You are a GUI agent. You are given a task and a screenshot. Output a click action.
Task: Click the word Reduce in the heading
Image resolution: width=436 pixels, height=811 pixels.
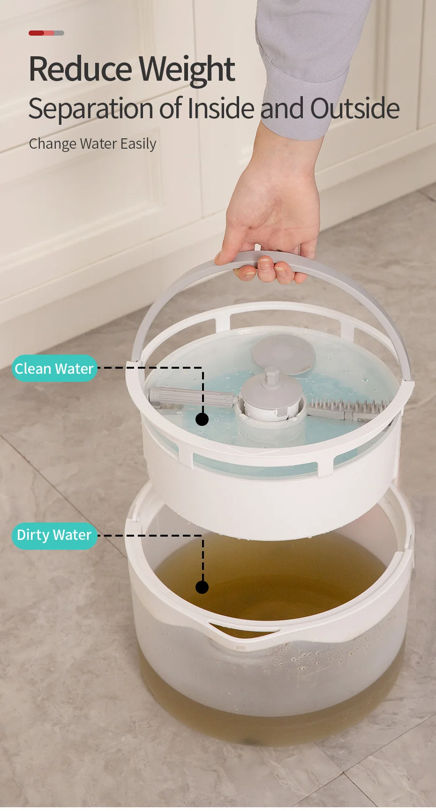click(80, 69)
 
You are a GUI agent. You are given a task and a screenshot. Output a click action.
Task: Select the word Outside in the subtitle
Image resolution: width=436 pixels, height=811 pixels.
click(354, 108)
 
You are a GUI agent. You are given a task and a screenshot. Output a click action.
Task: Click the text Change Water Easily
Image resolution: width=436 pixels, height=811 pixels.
click(92, 144)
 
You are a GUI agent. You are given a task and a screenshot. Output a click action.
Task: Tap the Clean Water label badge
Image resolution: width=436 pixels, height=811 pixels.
click(54, 369)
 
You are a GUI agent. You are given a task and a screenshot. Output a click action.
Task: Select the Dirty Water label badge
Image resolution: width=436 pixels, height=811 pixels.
click(54, 535)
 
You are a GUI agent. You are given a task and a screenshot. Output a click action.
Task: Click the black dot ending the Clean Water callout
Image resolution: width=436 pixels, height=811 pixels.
click(202, 419)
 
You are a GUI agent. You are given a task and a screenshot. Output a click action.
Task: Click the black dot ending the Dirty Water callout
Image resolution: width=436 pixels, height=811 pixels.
click(202, 587)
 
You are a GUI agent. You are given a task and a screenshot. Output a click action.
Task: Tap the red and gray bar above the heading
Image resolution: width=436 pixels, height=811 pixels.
click(46, 33)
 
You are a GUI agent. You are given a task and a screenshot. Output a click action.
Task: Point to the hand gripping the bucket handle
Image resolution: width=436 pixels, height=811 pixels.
click(272, 225)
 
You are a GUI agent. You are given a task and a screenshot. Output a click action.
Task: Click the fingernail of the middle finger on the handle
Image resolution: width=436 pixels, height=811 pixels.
click(265, 266)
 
